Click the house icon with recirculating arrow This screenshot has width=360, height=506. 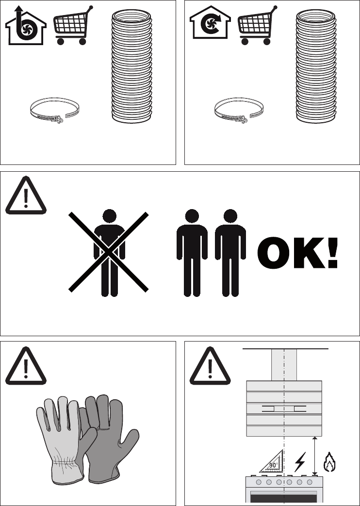pos(210,23)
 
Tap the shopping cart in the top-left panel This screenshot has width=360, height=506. pos(73,26)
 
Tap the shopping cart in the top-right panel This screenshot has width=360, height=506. pos(257,26)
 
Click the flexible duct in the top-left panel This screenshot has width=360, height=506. pos(131,66)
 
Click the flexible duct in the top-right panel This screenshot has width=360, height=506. pos(316,66)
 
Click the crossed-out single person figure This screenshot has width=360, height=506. pos(109,252)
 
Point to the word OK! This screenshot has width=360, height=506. pos(297,253)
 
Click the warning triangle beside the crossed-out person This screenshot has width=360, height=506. pos(26,196)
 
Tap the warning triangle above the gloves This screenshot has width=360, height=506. pos(26,366)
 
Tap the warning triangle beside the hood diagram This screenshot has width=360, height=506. pos(210,366)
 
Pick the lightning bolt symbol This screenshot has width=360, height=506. pos(300,462)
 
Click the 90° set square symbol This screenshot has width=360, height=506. pos(272,461)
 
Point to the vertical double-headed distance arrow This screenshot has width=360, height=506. pos(315,456)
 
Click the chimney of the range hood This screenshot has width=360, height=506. pos(284,365)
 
